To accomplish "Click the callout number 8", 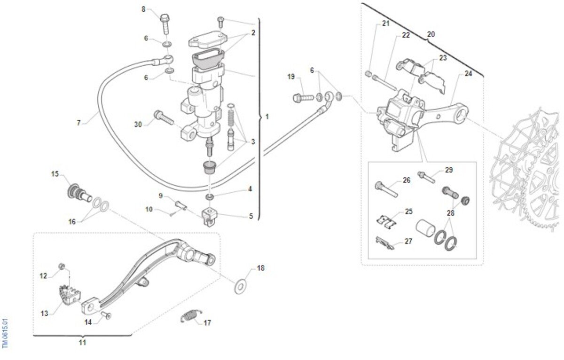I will (144, 9).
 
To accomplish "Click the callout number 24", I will (468, 73).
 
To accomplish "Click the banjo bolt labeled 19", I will (303, 98).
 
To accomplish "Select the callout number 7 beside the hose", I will (78, 123).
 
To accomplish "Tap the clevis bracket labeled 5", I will (210, 217).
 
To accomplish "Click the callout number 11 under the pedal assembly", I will (82, 343).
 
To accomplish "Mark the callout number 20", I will (431, 34).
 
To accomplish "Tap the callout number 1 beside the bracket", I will (267, 116).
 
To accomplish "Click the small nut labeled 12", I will (61, 267).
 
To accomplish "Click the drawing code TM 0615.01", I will (6, 334).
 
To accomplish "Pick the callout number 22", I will (406, 35).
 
